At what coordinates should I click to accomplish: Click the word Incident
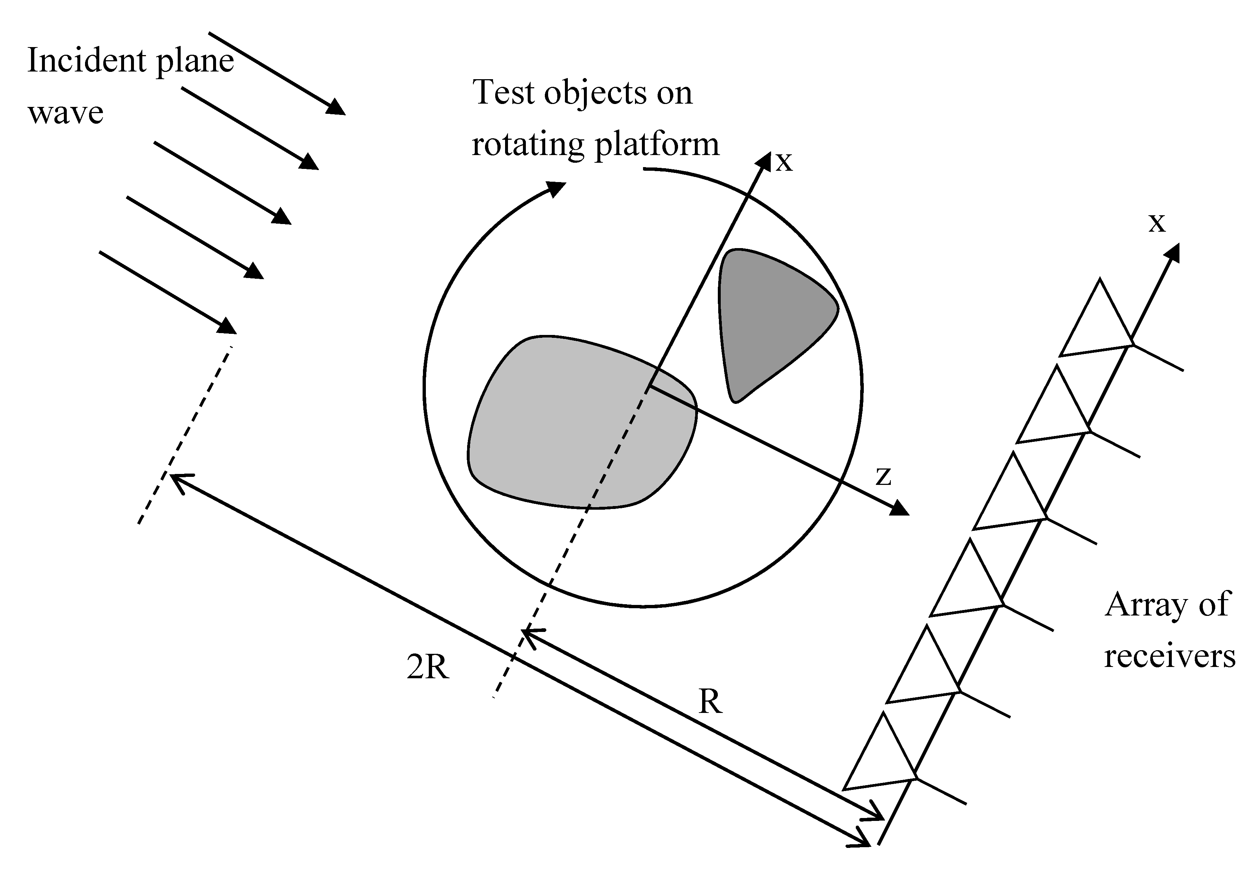(88, 60)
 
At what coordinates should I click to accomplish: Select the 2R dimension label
(427, 667)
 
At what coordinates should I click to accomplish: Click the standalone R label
(710, 702)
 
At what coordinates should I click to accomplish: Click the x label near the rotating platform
(784, 162)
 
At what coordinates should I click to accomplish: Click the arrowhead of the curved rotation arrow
(557, 189)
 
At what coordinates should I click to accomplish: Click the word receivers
(1170, 656)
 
